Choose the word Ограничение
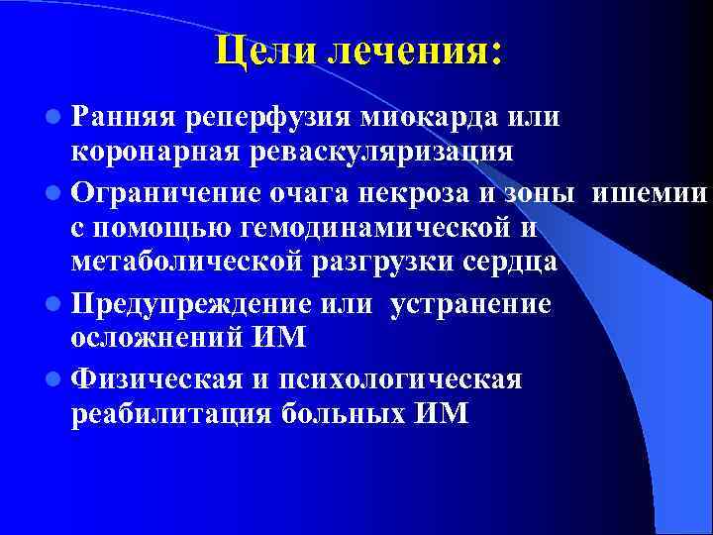tap(161, 191)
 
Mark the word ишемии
tap(649, 191)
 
